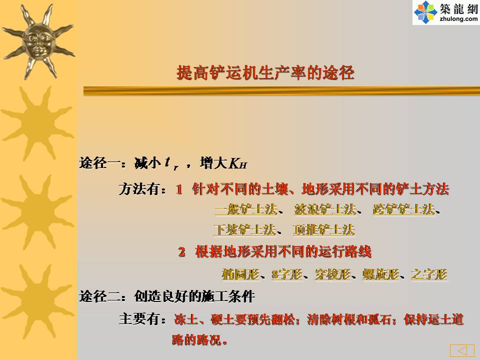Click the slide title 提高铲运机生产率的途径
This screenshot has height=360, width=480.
pyautogui.click(x=265, y=73)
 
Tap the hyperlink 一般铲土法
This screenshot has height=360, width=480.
pyautogui.click(x=246, y=209)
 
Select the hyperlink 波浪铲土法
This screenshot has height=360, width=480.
pyautogui.click(x=325, y=209)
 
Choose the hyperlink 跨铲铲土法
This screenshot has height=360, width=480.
pyautogui.click(x=404, y=209)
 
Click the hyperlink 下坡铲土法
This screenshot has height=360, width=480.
pyautogui.click(x=245, y=229)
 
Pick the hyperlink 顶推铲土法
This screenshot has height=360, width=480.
pyautogui.click(x=324, y=229)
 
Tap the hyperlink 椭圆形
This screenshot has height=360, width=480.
pyautogui.click(x=240, y=274)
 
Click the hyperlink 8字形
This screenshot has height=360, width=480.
pyautogui.click(x=287, y=274)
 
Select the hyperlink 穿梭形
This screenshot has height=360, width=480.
pyautogui.click(x=332, y=274)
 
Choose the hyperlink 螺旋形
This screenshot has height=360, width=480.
pyautogui.click(x=381, y=274)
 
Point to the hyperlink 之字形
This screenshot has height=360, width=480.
pyautogui.click(x=429, y=274)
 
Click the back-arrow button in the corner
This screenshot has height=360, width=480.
pyautogui.click(x=462, y=350)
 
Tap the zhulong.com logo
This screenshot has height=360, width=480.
pyautogui.click(x=446, y=12)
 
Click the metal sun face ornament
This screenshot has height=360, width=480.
pyautogui.click(x=38, y=41)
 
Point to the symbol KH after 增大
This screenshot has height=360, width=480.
pyautogui.click(x=238, y=163)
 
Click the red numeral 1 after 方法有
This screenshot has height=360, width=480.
pyautogui.click(x=179, y=189)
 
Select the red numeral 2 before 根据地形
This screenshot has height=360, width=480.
pyautogui.click(x=182, y=252)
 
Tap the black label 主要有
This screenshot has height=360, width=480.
pyautogui.click(x=139, y=319)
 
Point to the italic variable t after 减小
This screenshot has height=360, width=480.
pyautogui.click(x=167, y=161)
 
